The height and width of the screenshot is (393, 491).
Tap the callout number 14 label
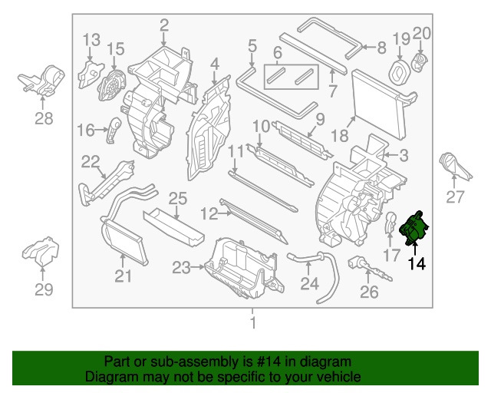coord(417,264)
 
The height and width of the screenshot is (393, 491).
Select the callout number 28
coord(44,117)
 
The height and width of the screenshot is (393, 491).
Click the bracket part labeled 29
coord(42,253)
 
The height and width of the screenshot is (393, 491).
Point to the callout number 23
coord(181,268)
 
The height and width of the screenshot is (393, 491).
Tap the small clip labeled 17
coord(390,223)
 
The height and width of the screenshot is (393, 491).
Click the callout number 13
coord(91,39)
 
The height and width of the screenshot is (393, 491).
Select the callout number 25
coord(177,199)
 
